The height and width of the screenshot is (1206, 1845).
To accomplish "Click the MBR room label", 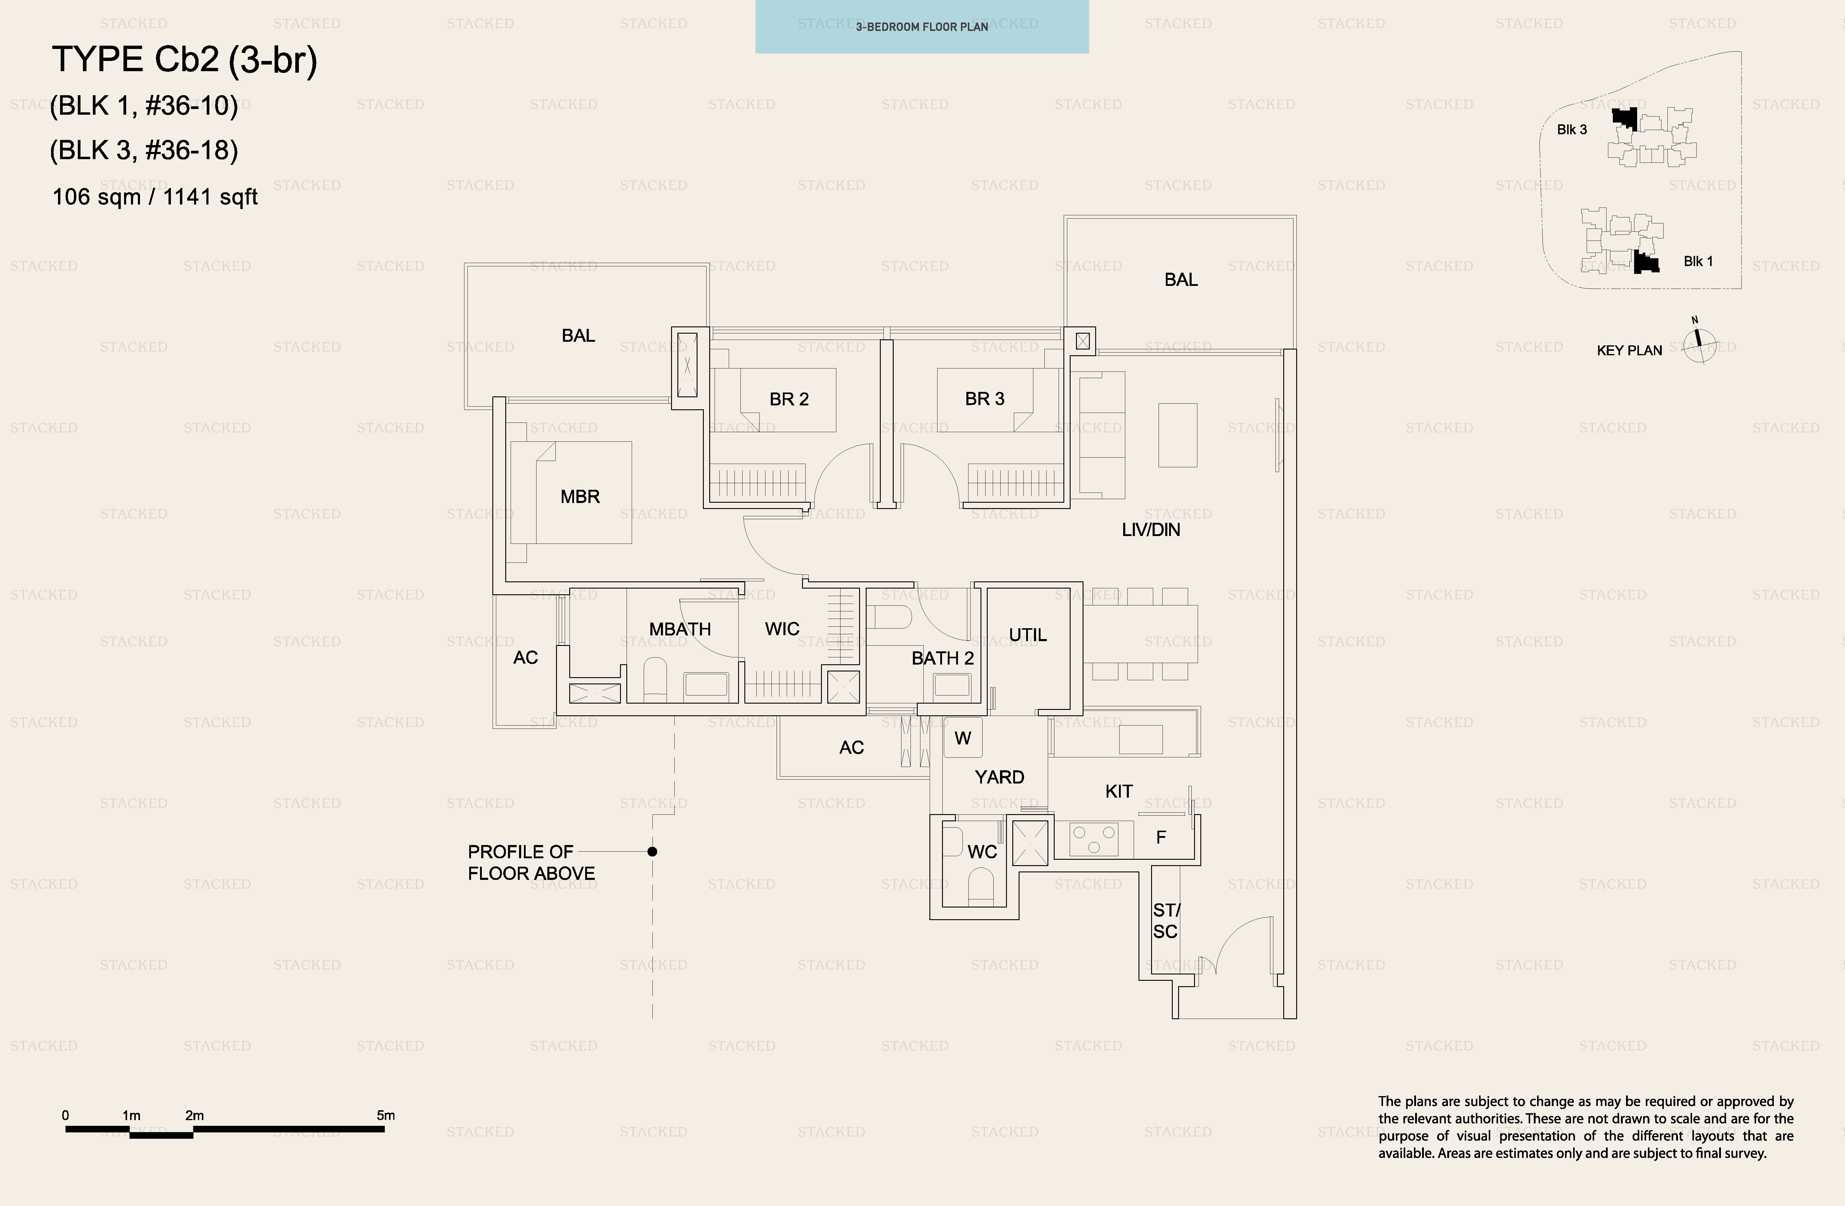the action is point(580,497).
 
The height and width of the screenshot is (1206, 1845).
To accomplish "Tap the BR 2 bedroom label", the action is point(789,399).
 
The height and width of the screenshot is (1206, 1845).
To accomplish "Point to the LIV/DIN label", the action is point(1151,530).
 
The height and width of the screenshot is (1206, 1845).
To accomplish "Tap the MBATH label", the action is point(680,629).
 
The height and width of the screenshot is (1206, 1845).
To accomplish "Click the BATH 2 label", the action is point(943,658).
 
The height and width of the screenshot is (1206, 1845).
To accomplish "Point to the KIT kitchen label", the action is point(1119,791).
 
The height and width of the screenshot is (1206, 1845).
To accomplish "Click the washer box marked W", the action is point(963,738).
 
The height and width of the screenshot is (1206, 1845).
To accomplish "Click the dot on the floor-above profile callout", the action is point(653,852).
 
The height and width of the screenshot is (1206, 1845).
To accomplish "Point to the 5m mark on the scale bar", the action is point(385,1116).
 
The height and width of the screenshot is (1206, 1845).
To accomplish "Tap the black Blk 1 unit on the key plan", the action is point(1646,262).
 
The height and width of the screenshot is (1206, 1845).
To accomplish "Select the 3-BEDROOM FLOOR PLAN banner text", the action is point(922,27).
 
